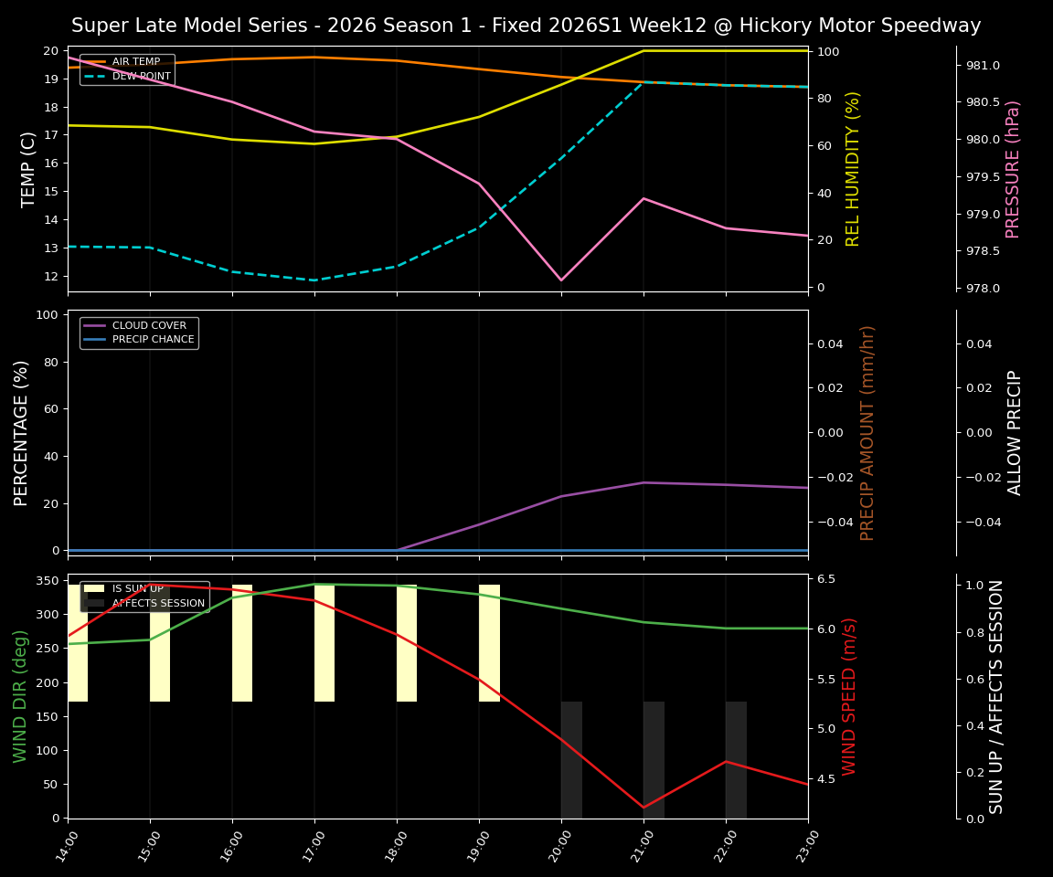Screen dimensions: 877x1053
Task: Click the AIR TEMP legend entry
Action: point(135,62)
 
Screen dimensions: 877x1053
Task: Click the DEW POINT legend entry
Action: point(141,77)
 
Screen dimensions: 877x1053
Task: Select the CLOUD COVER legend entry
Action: point(149,325)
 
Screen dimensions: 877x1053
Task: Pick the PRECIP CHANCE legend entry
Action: point(153,340)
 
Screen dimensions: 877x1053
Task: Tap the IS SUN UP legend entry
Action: point(137,589)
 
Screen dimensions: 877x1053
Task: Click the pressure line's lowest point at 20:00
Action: point(561,280)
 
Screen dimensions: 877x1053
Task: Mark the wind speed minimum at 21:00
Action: point(643,808)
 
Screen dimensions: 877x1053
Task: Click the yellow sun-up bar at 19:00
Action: point(489,643)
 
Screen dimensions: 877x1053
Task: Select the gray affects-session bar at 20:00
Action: point(571,759)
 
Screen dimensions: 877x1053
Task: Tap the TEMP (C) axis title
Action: point(29,169)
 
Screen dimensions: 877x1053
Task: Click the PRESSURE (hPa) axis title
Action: point(1013,169)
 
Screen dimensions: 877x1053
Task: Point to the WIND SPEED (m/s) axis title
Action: point(850,696)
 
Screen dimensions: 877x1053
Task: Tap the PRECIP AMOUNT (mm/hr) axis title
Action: point(868,432)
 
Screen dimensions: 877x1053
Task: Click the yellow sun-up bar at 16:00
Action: point(242,643)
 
